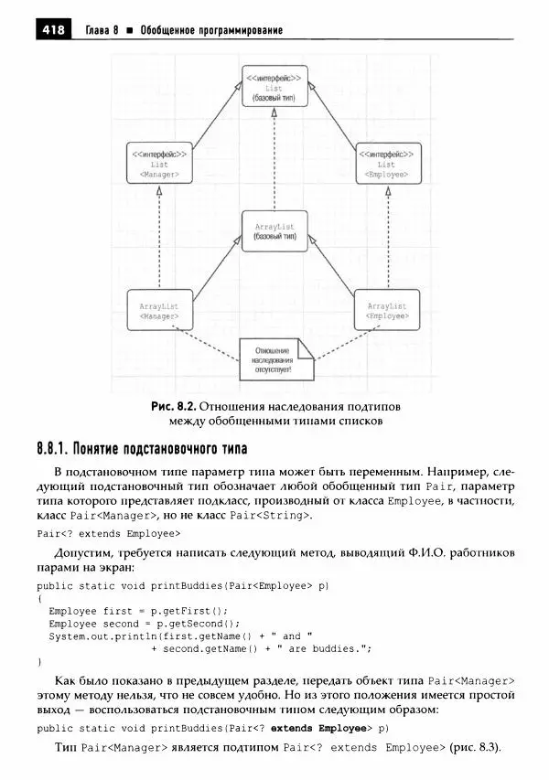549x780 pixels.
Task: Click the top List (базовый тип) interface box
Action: [x=274, y=87]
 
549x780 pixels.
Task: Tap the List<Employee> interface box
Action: [x=386, y=164]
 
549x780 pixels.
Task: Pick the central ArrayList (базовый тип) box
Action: [x=274, y=229]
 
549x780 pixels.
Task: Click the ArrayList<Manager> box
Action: [x=158, y=311]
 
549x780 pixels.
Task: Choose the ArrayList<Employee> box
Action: [x=386, y=311]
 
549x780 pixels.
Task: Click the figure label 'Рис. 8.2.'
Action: [x=174, y=405]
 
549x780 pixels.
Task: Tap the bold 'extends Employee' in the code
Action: [x=317, y=729]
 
